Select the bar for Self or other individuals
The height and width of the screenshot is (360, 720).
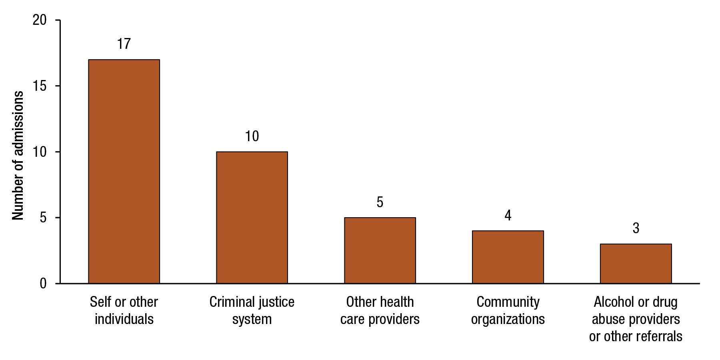[124, 172]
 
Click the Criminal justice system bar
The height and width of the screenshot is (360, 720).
[252, 218]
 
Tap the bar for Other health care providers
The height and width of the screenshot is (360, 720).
[380, 251]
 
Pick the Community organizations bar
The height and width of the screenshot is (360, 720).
[508, 257]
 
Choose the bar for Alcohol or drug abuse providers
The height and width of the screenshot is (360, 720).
[636, 264]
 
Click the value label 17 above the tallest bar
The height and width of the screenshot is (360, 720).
[124, 44]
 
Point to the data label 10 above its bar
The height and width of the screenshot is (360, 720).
[252, 136]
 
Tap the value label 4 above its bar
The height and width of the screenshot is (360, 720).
[508, 216]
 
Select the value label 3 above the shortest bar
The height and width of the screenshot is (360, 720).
[636, 228]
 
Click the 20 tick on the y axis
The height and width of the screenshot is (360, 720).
[40, 20]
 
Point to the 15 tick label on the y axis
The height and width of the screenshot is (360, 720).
[40, 86]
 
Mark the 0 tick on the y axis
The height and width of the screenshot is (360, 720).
[43, 284]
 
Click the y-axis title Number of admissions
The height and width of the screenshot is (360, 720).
[18, 155]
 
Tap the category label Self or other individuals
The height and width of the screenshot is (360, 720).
[124, 310]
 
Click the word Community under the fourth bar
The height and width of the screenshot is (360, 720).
[508, 302]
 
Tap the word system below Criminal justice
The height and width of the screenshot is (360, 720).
[252, 319]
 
